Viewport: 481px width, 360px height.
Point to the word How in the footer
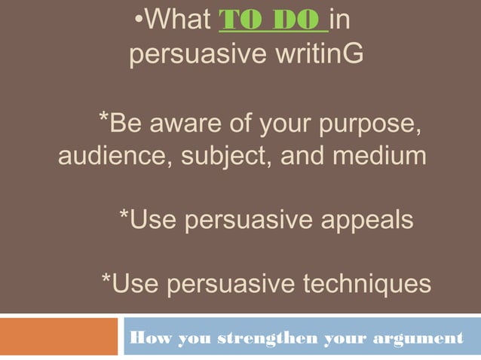(x=148, y=338)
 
